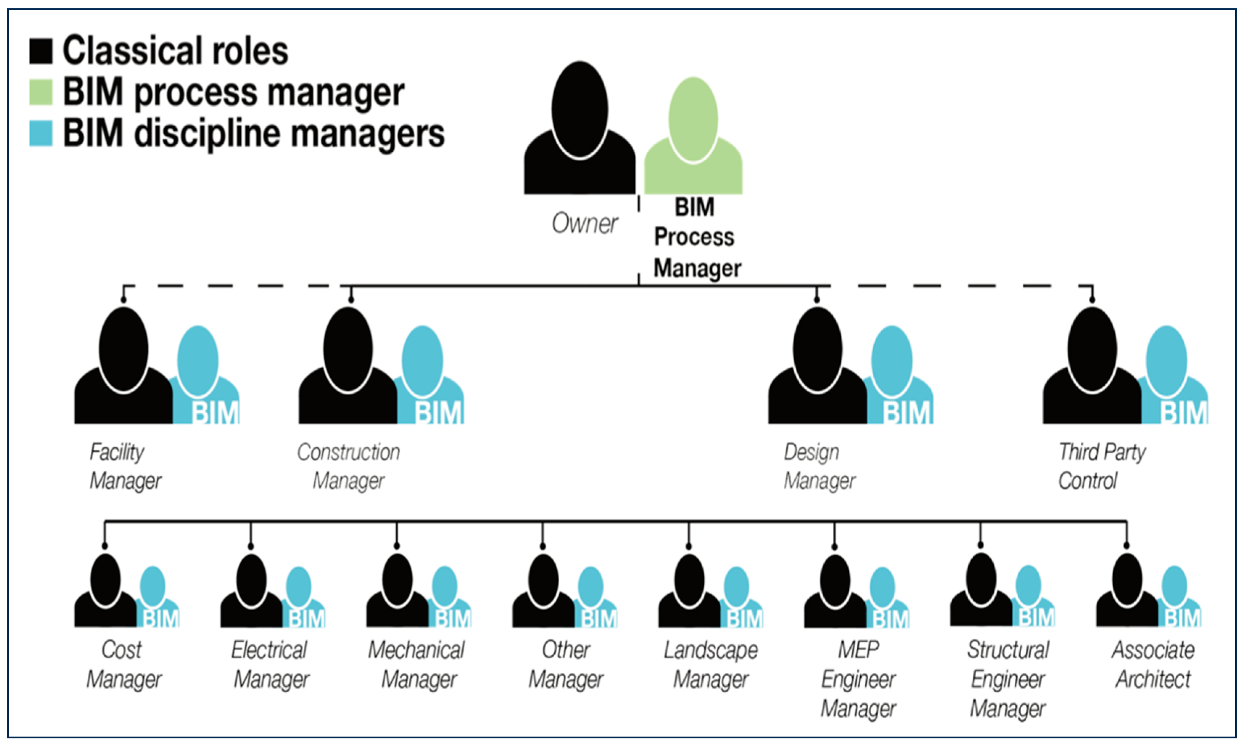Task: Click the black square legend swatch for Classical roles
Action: (41, 51)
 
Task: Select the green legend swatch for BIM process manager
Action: (41, 92)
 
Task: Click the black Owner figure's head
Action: (580, 109)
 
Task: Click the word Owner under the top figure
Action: (584, 223)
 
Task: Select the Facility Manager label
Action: (125, 466)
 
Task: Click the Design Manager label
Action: (819, 466)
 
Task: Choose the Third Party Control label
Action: (1101, 466)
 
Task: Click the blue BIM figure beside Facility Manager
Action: (203, 377)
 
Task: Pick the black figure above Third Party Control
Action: (1092, 367)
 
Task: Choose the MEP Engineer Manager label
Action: (858, 679)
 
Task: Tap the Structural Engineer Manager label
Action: (1007, 679)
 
